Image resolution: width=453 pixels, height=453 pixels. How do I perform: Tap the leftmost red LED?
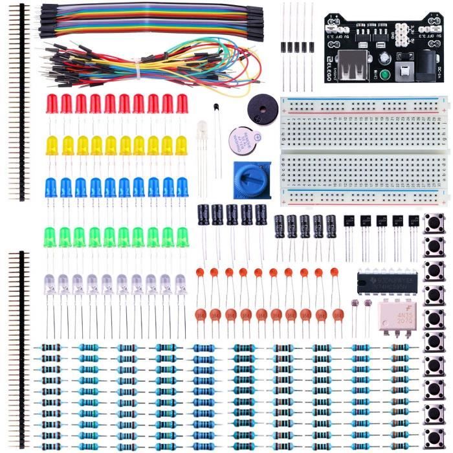tap(52, 104)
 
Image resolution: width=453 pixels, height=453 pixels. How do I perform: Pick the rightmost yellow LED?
tap(182, 146)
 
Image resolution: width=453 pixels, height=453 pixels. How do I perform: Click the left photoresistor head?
tap(355, 303)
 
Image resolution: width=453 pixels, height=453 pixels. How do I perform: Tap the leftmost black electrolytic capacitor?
tap(203, 214)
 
